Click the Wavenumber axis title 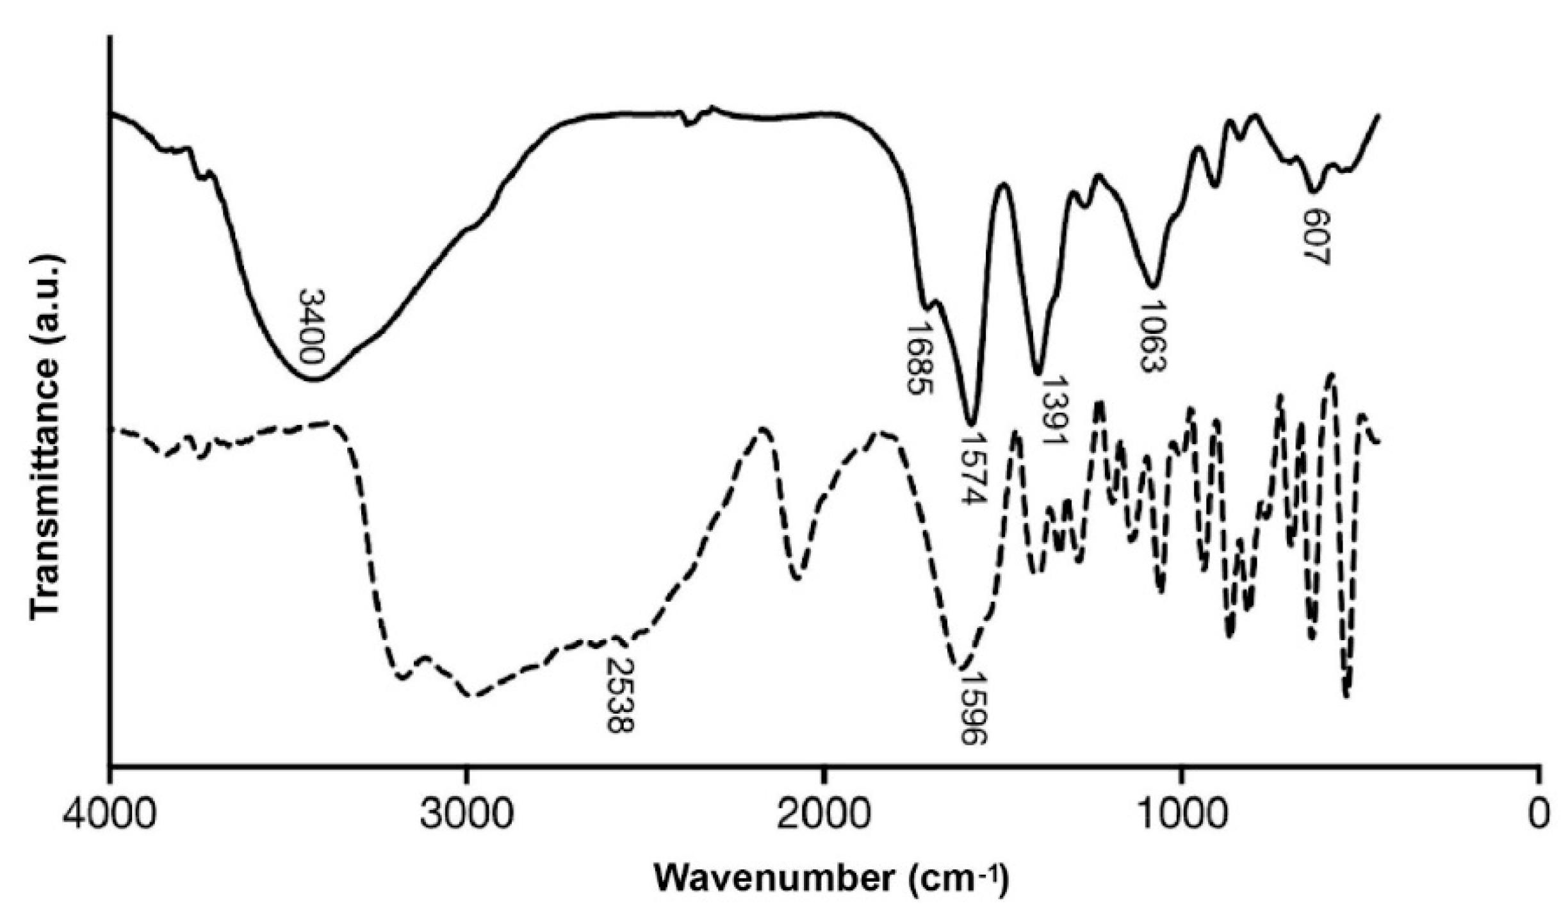831,879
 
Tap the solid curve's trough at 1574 971,424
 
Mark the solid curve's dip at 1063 1152,286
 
